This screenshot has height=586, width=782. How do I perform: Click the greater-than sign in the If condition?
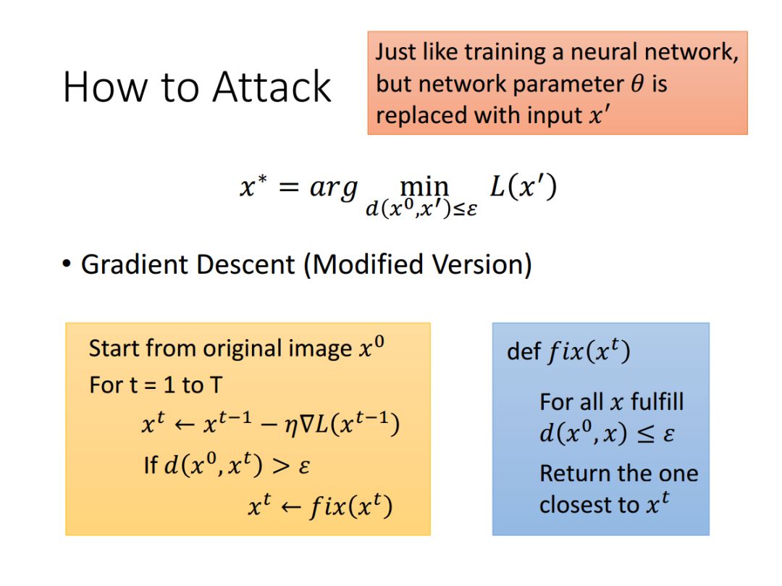pos(280,466)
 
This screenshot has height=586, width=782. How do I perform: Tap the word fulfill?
pos(657,401)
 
